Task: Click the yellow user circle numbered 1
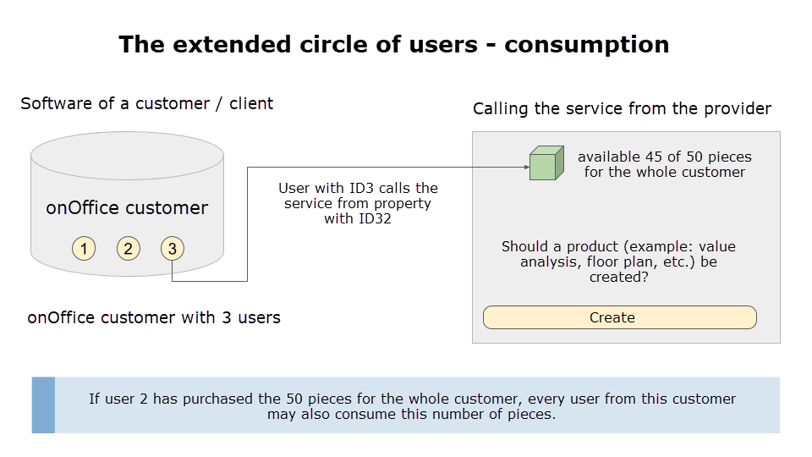click(x=84, y=248)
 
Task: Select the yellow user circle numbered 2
click(x=128, y=248)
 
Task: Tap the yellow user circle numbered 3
click(x=173, y=248)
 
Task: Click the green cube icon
click(x=546, y=163)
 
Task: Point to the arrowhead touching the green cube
click(x=527, y=167)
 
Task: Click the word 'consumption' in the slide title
click(x=587, y=45)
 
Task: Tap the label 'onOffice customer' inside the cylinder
click(x=127, y=208)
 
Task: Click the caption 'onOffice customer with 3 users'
click(x=154, y=317)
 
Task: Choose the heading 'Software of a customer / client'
click(x=146, y=103)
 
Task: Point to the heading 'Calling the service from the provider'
click(x=622, y=109)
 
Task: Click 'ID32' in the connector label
click(x=375, y=218)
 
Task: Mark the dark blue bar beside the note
click(x=43, y=405)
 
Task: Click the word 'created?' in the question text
click(x=619, y=278)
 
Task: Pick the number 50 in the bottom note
click(x=294, y=399)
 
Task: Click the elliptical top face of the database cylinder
click(x=128, y=156)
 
